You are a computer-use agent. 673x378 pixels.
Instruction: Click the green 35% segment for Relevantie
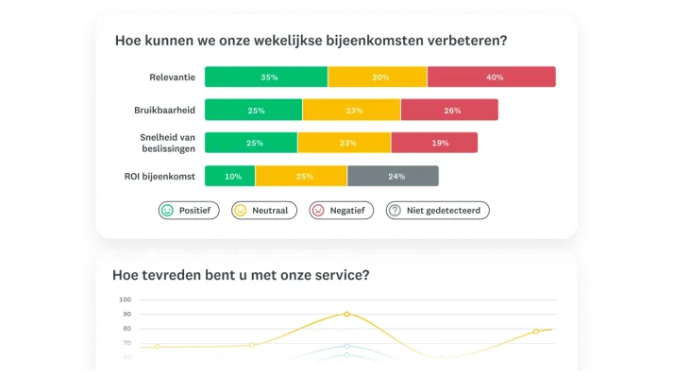pyautogui.click(x=266, y=77)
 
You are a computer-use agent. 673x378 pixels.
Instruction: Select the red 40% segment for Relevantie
pyautogui.click(x=491, y=77)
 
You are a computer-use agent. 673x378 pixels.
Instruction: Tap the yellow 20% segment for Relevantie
pyautogui.click(x=378, y=77)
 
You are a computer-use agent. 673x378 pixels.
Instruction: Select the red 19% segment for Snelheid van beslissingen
pyautogui.click(x=433, y=143)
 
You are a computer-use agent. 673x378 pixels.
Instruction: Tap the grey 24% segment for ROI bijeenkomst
pyautogui.click(x=393, y=176)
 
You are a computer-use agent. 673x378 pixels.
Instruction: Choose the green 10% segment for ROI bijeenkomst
pyautogui.click(x=229, y=176)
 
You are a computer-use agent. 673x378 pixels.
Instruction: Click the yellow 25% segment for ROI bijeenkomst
pyautogui.click(x=301, y=176)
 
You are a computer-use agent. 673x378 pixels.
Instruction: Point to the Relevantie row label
pyautogui.click(x=172, y=77)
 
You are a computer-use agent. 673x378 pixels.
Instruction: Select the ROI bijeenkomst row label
pyautogui.click(x=160, y=176)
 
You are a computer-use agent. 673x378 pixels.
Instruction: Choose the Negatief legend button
pyautogui.click(x=341, y=211)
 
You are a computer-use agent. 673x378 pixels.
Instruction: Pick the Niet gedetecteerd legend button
pyautogui.click(x=438, y=211)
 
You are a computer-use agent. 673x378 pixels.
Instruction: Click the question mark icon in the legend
pyautogui.click(x=395, y=211)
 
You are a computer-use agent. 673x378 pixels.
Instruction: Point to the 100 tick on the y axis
pyautogui.click(x=126, y=300)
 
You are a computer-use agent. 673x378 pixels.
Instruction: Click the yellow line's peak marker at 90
pyautogui.click(x=346, y=314)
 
